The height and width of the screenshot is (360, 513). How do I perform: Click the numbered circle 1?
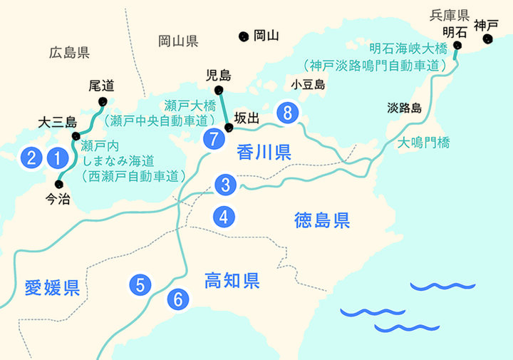tap(56, 158)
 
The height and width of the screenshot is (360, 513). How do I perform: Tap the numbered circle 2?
tap(31, 158)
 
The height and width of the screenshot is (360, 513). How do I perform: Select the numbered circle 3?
tap(224, 185)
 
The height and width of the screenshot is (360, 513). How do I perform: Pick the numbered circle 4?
tap(224, 216)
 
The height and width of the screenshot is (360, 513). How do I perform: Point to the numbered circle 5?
tap(140, 285)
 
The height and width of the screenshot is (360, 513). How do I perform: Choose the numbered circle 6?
tap(178, 299)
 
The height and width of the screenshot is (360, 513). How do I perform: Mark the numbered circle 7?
tap(213, 139)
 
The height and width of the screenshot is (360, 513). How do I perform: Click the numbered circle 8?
tap(287, 113)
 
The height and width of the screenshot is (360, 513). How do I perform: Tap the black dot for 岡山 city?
tap(244, 35)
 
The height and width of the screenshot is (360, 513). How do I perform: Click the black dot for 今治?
tap(58, 184)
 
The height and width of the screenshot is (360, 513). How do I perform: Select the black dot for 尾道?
tap(104, 101)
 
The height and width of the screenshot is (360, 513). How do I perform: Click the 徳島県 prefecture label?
tap(322, 220)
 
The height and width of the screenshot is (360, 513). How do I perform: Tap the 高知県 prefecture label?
tap(231, 279)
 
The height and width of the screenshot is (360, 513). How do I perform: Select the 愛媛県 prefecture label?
tap(51, 287)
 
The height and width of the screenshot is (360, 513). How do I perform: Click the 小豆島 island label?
tap(309, 85)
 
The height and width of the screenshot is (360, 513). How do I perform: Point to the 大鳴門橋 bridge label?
tap(424, 143)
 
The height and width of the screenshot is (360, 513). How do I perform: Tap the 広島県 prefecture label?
tap(69, 52)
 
